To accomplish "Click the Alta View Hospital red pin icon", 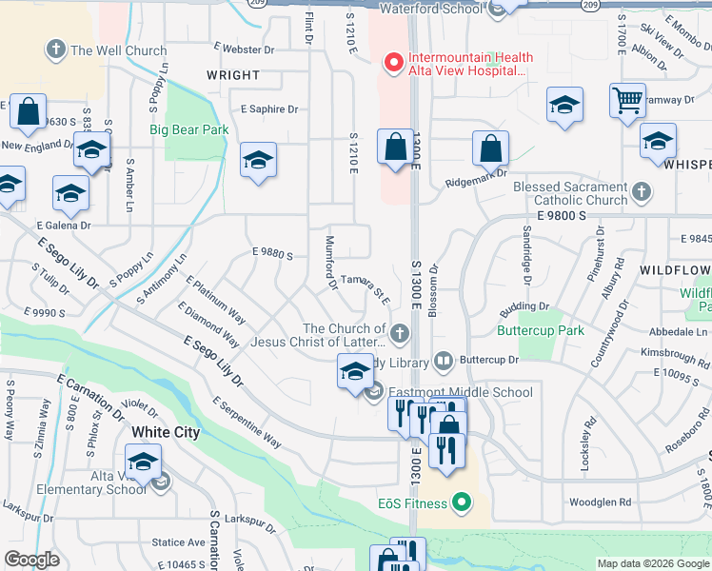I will pos(392,63).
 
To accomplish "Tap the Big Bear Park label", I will pos(188,129).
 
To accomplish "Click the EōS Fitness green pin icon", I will pos(463,502).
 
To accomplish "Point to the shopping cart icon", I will pos(627,100).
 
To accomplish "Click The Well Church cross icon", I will pos(56,49).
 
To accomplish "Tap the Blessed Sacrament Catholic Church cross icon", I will pos(642,193).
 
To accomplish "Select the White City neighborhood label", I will pos(166,432).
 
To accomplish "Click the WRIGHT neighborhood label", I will pos(233,75).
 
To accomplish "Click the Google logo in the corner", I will pos(31,561).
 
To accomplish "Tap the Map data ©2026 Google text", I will pos(651,563).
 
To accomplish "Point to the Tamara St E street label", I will pos(366,288).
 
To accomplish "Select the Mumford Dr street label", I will pos(330,263).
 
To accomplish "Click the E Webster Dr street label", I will pos(244,48).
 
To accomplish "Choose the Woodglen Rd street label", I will pos(600,502).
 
